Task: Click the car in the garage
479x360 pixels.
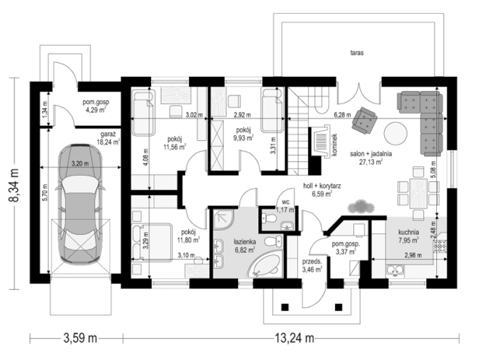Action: [x=80, y=205]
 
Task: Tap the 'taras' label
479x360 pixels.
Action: [x=357, y=53]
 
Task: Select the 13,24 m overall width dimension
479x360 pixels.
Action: [x=294, y=338]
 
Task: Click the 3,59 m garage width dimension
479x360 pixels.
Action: [x=80, y=338]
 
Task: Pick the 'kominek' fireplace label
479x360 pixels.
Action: [x=334, y=145]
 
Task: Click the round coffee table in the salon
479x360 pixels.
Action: [x=396, y=134]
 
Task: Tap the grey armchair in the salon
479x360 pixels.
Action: [x=364, y=120]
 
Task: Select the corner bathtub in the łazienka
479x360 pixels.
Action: [x=265, y=265]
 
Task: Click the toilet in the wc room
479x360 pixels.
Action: [x=269, y=218]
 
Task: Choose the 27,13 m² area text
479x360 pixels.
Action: [x=371, y=162]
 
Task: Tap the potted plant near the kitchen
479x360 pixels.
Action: [x=361, y=207]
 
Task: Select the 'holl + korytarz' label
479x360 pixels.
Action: [x=322, y=186]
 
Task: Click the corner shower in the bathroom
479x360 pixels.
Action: [x=224, y=219]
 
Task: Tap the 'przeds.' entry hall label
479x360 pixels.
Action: [x=312, y=262]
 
